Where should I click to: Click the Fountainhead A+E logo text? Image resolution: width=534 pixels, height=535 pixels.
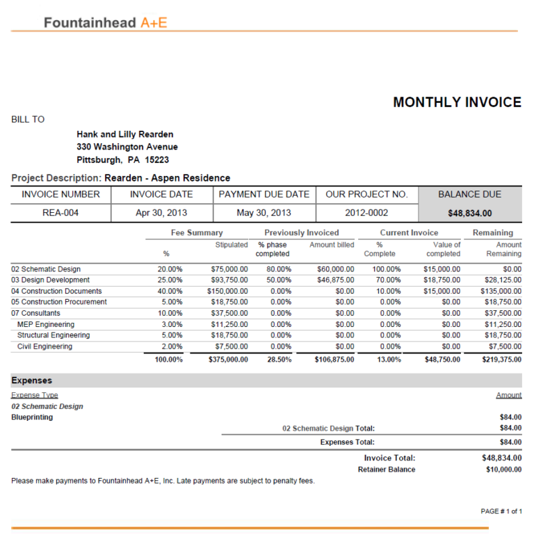coord(105,22)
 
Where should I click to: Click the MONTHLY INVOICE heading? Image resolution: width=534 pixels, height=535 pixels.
coord(457,102)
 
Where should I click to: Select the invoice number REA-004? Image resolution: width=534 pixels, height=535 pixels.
coord(61,213)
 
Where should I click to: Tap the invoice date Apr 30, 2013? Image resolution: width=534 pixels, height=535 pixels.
coord(161,213)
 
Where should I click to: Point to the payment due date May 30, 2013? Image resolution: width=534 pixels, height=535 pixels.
coord(264,213)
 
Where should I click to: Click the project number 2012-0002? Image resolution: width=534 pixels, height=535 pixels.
coord(366,213)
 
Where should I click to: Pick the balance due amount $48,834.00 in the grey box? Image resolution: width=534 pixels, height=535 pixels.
coord(469,214)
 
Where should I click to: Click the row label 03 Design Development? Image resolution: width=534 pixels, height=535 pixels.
coord(50,280)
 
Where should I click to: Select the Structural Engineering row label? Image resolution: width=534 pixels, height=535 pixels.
coord(53,335)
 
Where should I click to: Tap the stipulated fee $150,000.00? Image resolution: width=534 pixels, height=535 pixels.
coord(227,291)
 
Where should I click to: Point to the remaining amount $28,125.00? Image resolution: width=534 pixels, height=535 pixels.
coord(503,280)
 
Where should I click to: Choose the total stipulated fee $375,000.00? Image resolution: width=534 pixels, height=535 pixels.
coord(228,360)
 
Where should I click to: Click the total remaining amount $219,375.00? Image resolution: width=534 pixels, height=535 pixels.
coord(501,360)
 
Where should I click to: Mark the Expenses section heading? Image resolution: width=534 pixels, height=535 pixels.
coord(31,381)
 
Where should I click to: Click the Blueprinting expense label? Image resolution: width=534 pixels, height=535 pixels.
coord(32,417)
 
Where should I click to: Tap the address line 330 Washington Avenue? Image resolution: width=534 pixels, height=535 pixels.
coord(127,147)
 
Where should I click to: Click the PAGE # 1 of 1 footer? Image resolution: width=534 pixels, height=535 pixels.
coord(501,511)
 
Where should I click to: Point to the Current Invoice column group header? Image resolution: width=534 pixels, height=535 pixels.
coord(409,232)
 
